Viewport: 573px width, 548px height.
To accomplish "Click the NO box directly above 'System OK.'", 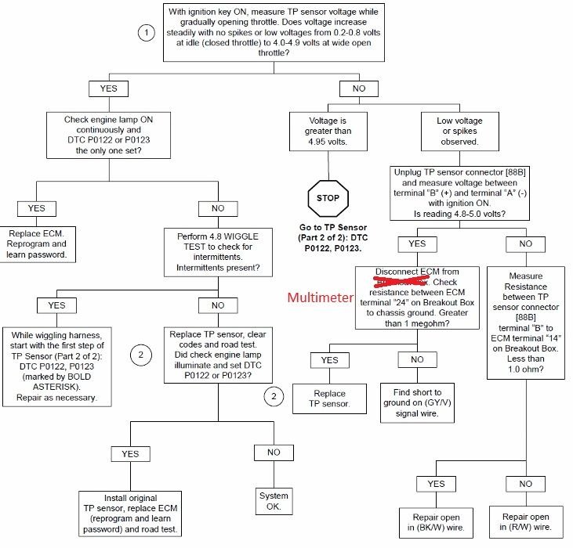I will tap(273, 452).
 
